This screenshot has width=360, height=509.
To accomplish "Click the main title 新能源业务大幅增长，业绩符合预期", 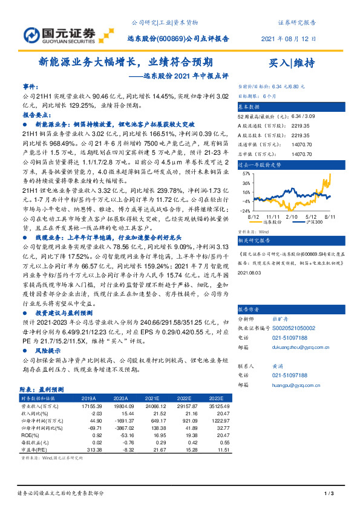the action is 125,62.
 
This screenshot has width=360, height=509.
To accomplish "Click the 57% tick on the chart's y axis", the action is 246,172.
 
